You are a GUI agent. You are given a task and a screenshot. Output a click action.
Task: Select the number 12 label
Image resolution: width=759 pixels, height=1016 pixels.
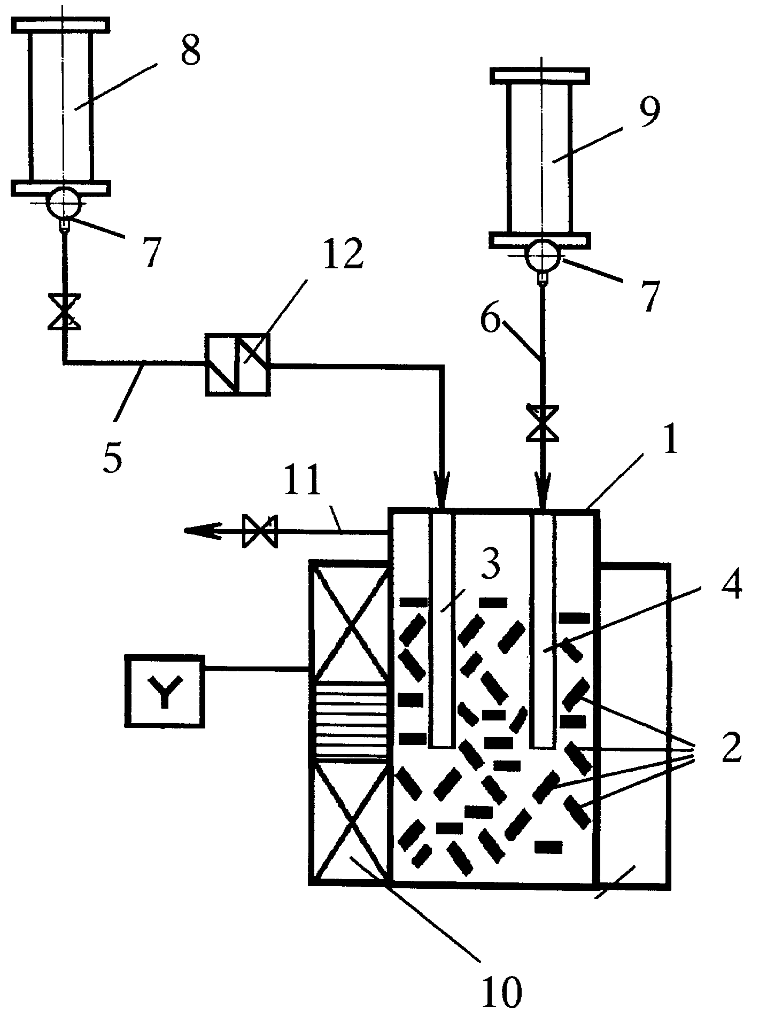[x=343, y=255]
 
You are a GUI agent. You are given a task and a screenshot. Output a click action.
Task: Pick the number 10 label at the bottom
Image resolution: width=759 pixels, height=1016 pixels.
[x=501, y=990]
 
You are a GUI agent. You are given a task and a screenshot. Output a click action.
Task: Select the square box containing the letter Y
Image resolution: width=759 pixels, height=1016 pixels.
[x=165, y=691]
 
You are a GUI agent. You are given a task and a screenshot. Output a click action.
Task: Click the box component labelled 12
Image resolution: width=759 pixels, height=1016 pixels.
[x=238, y=364]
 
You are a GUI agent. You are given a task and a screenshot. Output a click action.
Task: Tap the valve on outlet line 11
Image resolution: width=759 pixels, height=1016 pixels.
[x=259, y=531]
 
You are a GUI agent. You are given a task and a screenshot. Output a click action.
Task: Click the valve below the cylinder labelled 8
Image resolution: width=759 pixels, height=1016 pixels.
[x=64, y=311]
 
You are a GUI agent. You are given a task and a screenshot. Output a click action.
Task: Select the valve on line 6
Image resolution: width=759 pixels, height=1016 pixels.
[x=542, y=423]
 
